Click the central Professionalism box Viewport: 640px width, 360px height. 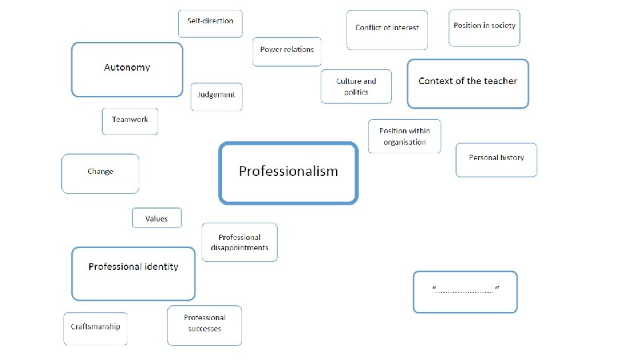coord(288,173)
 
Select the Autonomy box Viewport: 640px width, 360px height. coord(127,69)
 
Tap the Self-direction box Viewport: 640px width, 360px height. coord(210,23)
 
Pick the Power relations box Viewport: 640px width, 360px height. coord(287,51)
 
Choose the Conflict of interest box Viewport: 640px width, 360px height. coord(387,30)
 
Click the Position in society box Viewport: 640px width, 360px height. coord(484,28)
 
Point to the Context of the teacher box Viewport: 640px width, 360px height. coord(467,83)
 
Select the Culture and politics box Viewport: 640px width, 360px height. coord(356,87)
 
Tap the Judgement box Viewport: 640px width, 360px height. coord(216,97)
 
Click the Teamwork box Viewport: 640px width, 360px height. coord(130,121)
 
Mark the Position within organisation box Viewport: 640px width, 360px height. coord(404,136)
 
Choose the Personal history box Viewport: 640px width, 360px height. coord(496,160)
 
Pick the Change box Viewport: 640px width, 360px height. coord(100,173)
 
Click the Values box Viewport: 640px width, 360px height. coord(157,218)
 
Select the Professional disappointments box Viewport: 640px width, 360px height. coord(239,242)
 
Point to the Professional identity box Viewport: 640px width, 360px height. coord(133,273)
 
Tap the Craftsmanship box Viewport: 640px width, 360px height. coord(95,328)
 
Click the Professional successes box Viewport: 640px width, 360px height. coord(204,325)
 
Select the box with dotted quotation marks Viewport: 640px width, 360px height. coord(465,291)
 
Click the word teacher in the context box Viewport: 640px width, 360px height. coord(501,81)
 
